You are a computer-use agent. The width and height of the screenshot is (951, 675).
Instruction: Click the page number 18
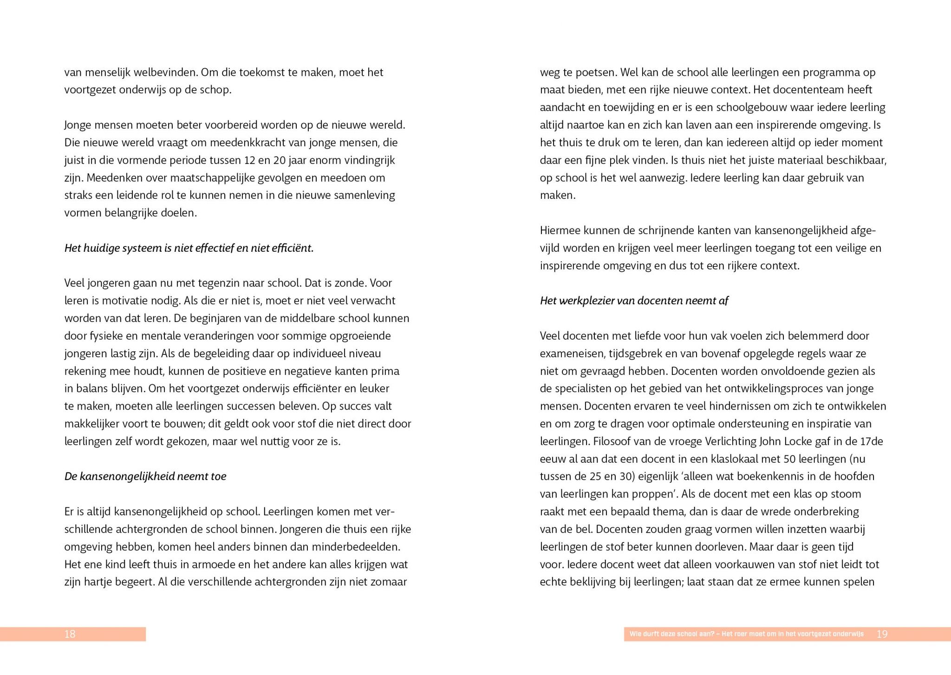pyautogui.click(x=70, y=634)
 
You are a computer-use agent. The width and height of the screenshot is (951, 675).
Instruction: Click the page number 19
pyautogui.click(x=882, y=634)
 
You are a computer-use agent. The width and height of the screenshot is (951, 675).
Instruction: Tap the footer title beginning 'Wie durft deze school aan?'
pyautogui.click(x=746, y=634)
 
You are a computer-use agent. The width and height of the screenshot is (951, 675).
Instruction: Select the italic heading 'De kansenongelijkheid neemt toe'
pyautogui.click(x=145, y=477)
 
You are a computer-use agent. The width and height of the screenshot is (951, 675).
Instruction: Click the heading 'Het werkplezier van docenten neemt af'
pyautogui.click(x=634, y=301)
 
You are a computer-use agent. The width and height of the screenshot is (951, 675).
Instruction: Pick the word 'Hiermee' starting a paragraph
pyautogui.click(x=560, y=231)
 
